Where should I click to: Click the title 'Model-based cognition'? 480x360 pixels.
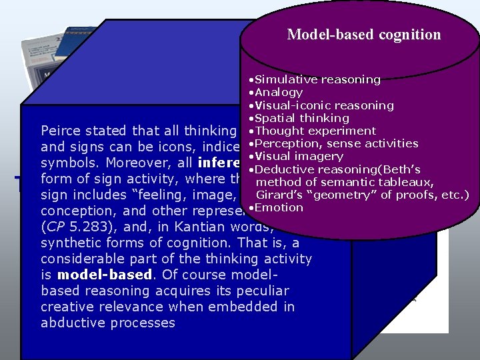(364, 35)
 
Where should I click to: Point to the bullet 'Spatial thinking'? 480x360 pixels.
(297, 118)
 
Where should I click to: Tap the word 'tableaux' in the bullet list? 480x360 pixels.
(409, 182)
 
